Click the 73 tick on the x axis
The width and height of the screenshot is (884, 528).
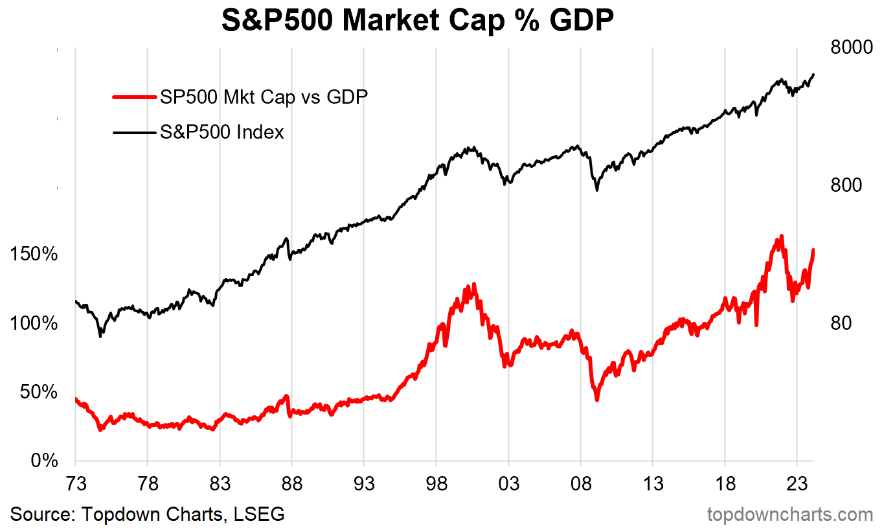[76, 483]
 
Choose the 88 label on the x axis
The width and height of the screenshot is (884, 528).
[292, 483]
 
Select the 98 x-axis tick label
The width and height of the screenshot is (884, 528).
[436, 483]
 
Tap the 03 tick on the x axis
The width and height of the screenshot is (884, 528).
[508, 483]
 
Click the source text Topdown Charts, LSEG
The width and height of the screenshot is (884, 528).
[148, 514]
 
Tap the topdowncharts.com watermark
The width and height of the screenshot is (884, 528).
[789, 514]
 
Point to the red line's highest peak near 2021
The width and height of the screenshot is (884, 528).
[782, 236]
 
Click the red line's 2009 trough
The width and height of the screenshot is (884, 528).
[596, 400]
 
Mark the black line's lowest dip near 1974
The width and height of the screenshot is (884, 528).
[100, 336]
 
